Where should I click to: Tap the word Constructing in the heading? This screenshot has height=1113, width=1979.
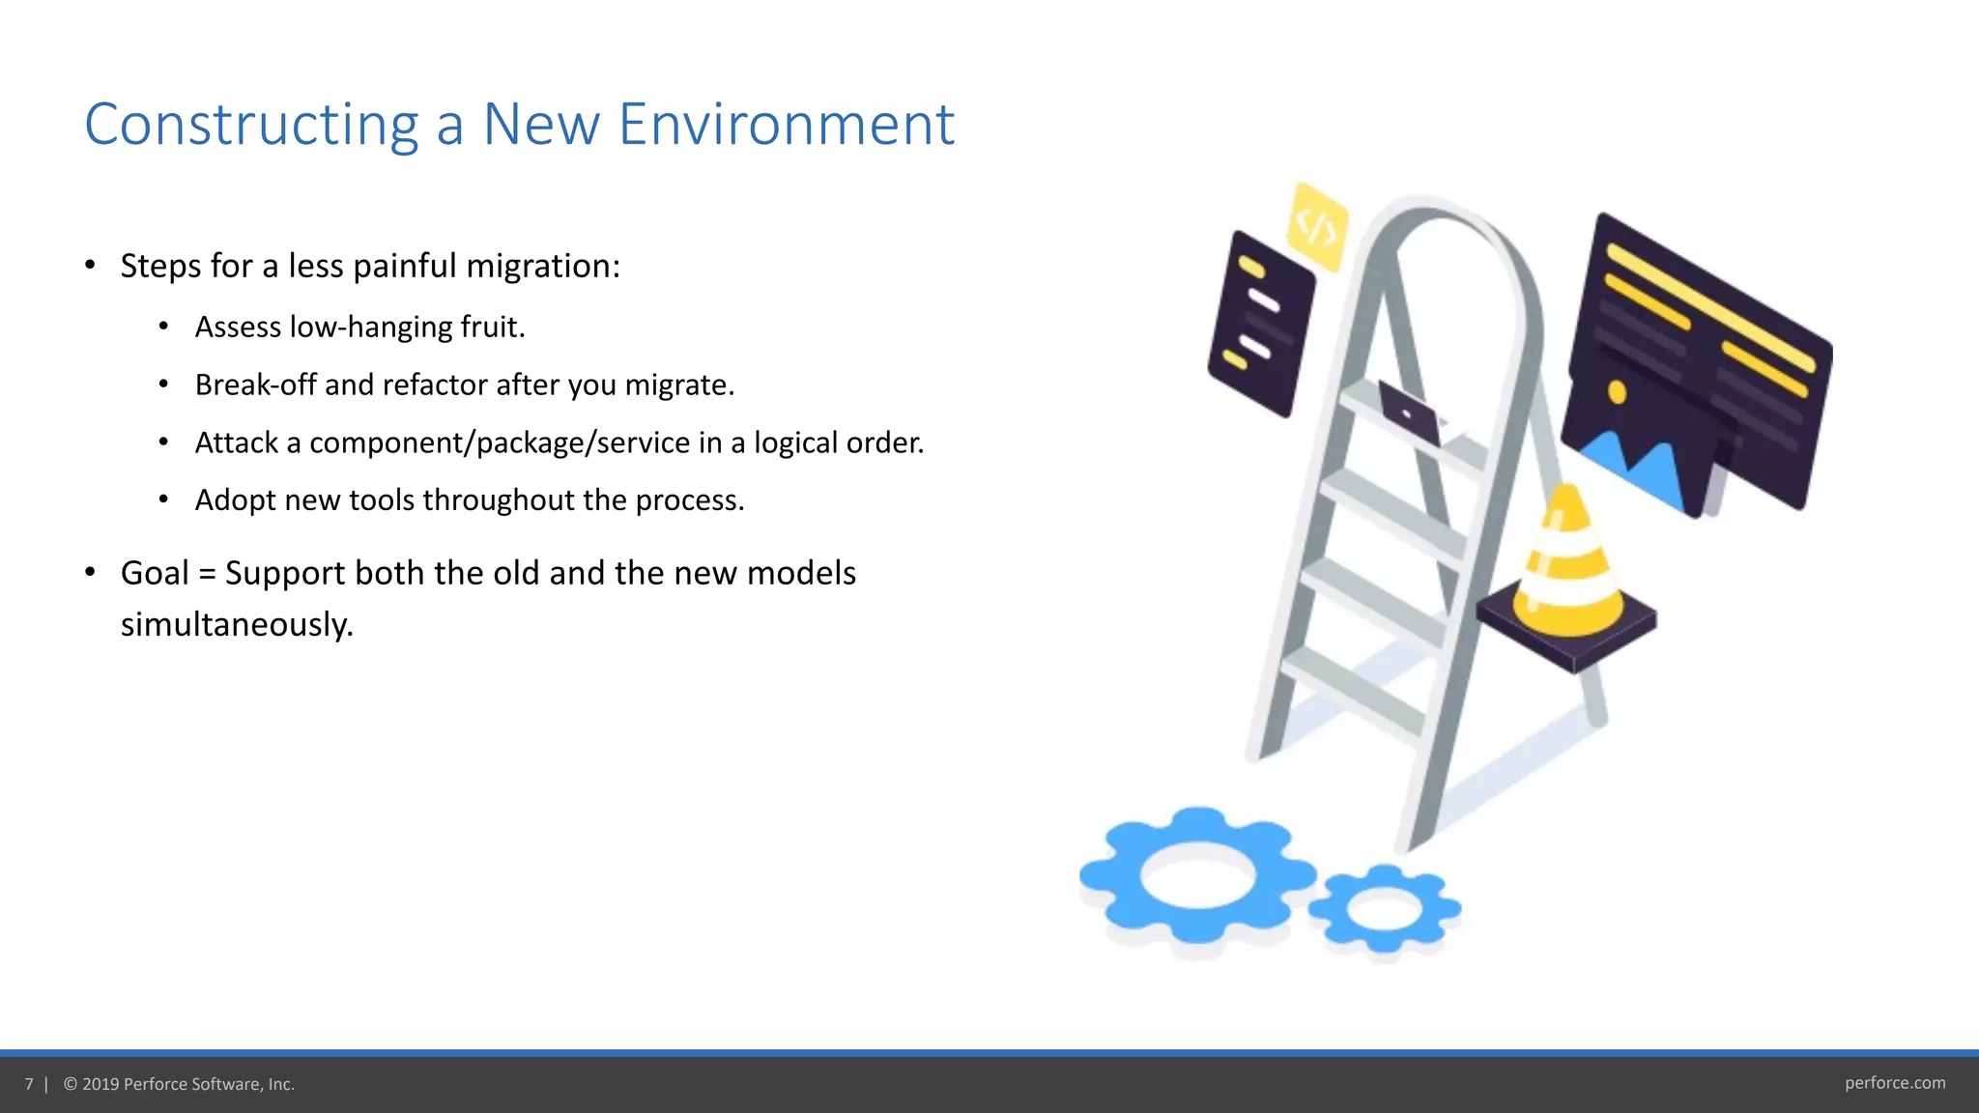[x=251, y=126]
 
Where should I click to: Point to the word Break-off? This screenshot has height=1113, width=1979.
[x=255, y=385]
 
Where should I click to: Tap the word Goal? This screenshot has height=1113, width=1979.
[x=155, y=573]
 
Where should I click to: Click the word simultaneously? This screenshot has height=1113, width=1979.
[x=237, y=624]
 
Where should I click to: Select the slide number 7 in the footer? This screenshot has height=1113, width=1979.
[x=29, y=1084]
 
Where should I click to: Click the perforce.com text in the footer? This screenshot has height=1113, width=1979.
[x=1894, y=1083]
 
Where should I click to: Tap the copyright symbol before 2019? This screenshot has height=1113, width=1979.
[x=71, y=1084]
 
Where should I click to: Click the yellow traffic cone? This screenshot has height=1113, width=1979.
[x=1567, y=564]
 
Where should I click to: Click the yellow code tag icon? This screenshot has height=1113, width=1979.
[x=1316, y=226]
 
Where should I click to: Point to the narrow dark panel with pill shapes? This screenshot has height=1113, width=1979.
[x=1260, y=324]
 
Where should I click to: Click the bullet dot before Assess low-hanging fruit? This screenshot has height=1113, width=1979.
[x=163, y=328]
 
